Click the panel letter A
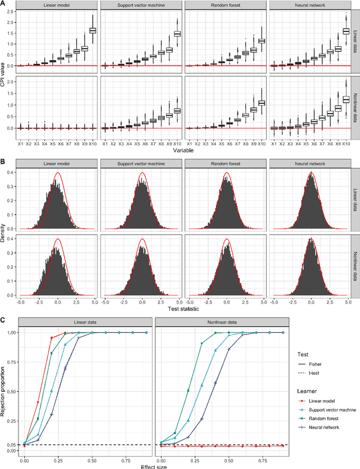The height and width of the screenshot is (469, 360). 3,3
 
